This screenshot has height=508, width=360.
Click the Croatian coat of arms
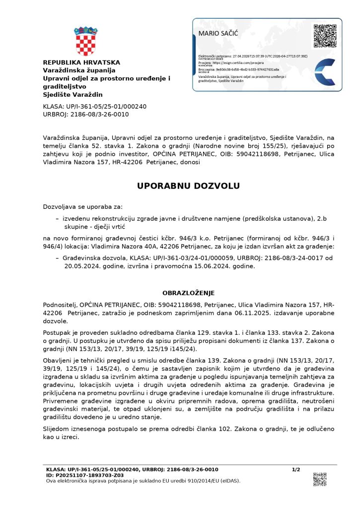[x=85, y=41]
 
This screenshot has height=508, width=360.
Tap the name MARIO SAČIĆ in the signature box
[x=218, y=33]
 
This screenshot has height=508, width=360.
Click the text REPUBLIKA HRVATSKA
[x=81, y=63]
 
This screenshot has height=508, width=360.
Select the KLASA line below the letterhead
[x=95, y=106]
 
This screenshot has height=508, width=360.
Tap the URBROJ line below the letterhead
[x=86, y=114]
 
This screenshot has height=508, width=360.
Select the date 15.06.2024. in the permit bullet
[x=205, y=266]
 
